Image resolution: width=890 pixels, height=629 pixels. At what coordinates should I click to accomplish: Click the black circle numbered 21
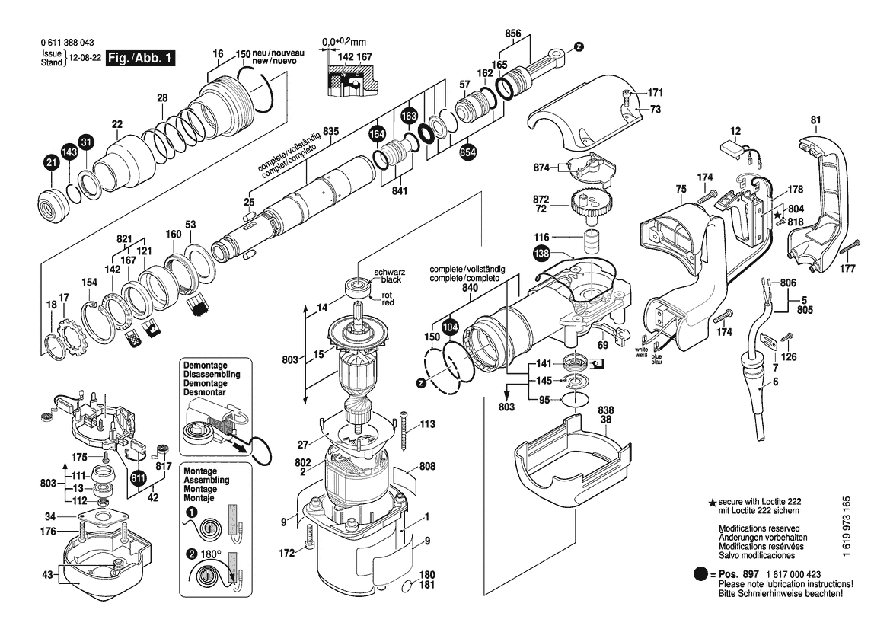click(x=51, y=162)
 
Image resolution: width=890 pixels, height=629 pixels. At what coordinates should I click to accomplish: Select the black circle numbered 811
click(x=138, y=479)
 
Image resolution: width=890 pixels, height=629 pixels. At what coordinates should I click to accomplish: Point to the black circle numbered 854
click(x=467, y=152)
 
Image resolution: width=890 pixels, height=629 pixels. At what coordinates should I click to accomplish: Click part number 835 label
click(x=330, y=132)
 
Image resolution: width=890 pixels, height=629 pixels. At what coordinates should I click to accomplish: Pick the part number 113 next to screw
click(x=426, y=424)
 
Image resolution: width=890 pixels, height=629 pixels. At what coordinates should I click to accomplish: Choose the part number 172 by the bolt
click(x=287, y=551)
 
